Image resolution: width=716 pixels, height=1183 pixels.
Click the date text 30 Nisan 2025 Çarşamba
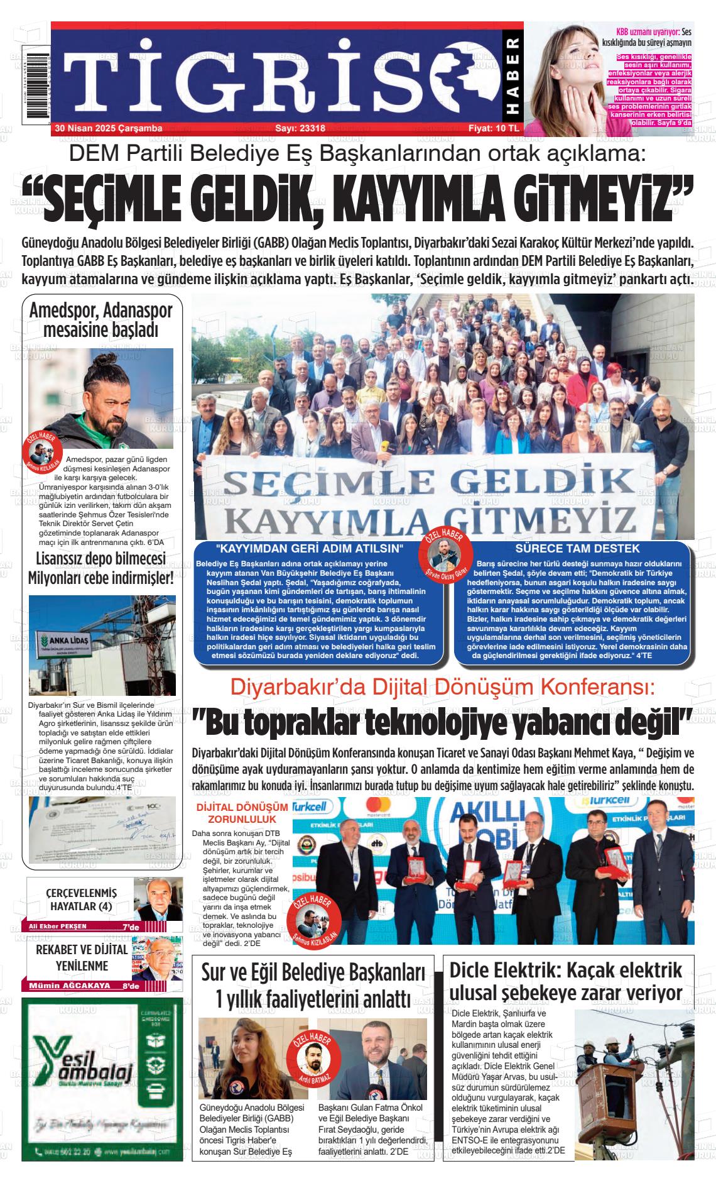(x=109, y=128)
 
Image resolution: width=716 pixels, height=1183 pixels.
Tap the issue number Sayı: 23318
(x=300, y=128)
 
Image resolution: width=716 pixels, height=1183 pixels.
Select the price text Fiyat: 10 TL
(x=494, y=128)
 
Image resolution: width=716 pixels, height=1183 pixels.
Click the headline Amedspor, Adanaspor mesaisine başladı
(x=101, y=319)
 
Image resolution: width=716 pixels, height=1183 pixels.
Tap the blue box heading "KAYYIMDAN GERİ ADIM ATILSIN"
(x=307, y=548)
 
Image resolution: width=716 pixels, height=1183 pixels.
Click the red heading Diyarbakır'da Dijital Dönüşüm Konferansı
(x=442, y=686)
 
